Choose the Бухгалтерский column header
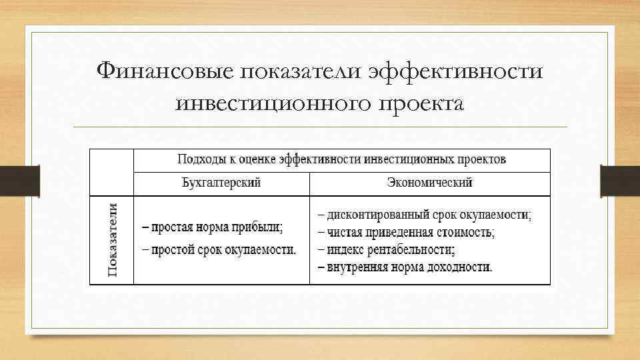(221, 183)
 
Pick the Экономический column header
(430, 183)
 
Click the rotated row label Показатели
(112, 240)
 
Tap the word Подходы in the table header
(197, 159)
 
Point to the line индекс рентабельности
(387, 251)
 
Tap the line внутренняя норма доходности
(405, 268)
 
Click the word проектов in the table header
(483, 159)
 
